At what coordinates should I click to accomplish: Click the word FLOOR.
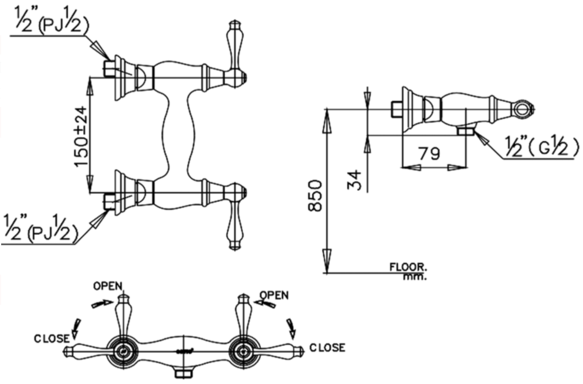click(x=407, y=267)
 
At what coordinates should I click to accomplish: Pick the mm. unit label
click(x=415, y=276)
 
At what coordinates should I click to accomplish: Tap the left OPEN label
click(x=108, y=285)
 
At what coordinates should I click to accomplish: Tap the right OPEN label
click(x=274, y=294)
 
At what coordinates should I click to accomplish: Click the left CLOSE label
click(x=52, y=337)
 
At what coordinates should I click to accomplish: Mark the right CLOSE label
click(x=327, y=348)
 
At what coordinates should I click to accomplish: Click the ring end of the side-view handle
click(x=523, y=108)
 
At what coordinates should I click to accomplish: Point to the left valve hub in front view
click(x=123, y=351)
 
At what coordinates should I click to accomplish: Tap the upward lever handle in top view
click(x=234, y=46)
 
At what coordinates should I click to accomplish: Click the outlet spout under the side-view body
click(x=466, y=132)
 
